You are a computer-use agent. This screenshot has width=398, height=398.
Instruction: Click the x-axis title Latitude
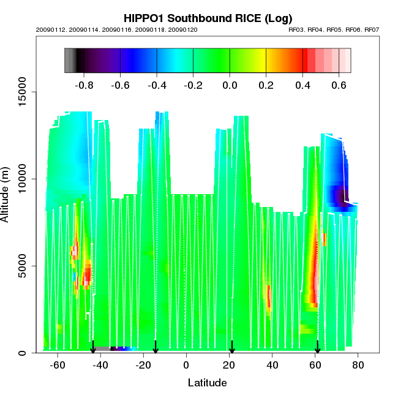click(x=207, y=383)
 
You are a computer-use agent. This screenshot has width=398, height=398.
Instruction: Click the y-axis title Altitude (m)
click(x=6, y=194)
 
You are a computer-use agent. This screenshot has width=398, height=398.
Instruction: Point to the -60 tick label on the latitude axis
click(x=58, y=365)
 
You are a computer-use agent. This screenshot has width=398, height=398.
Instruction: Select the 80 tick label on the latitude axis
click(x=358, y=365)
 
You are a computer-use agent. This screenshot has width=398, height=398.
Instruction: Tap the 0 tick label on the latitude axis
click(x=186, y=365)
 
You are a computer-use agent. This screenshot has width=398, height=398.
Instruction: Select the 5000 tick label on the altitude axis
click(x=23, y=266)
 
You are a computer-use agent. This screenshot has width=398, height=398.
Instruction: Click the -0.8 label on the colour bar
click(x=83, y=85)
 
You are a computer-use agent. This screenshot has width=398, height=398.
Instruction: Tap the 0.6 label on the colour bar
click(x=339, y=85)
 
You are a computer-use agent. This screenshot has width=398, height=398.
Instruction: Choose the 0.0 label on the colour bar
click(x=230, y=85)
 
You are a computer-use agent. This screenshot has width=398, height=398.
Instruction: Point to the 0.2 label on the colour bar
click(x=266, y=85)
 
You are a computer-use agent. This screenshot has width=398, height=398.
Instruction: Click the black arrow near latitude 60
click(x=317, y=347)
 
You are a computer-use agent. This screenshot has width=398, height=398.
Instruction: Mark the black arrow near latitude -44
click(x=93, y=347)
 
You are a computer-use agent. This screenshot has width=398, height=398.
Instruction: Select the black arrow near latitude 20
click(x=231, y=347)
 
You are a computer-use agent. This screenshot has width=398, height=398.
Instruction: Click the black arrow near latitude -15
click(x=156, y=347)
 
